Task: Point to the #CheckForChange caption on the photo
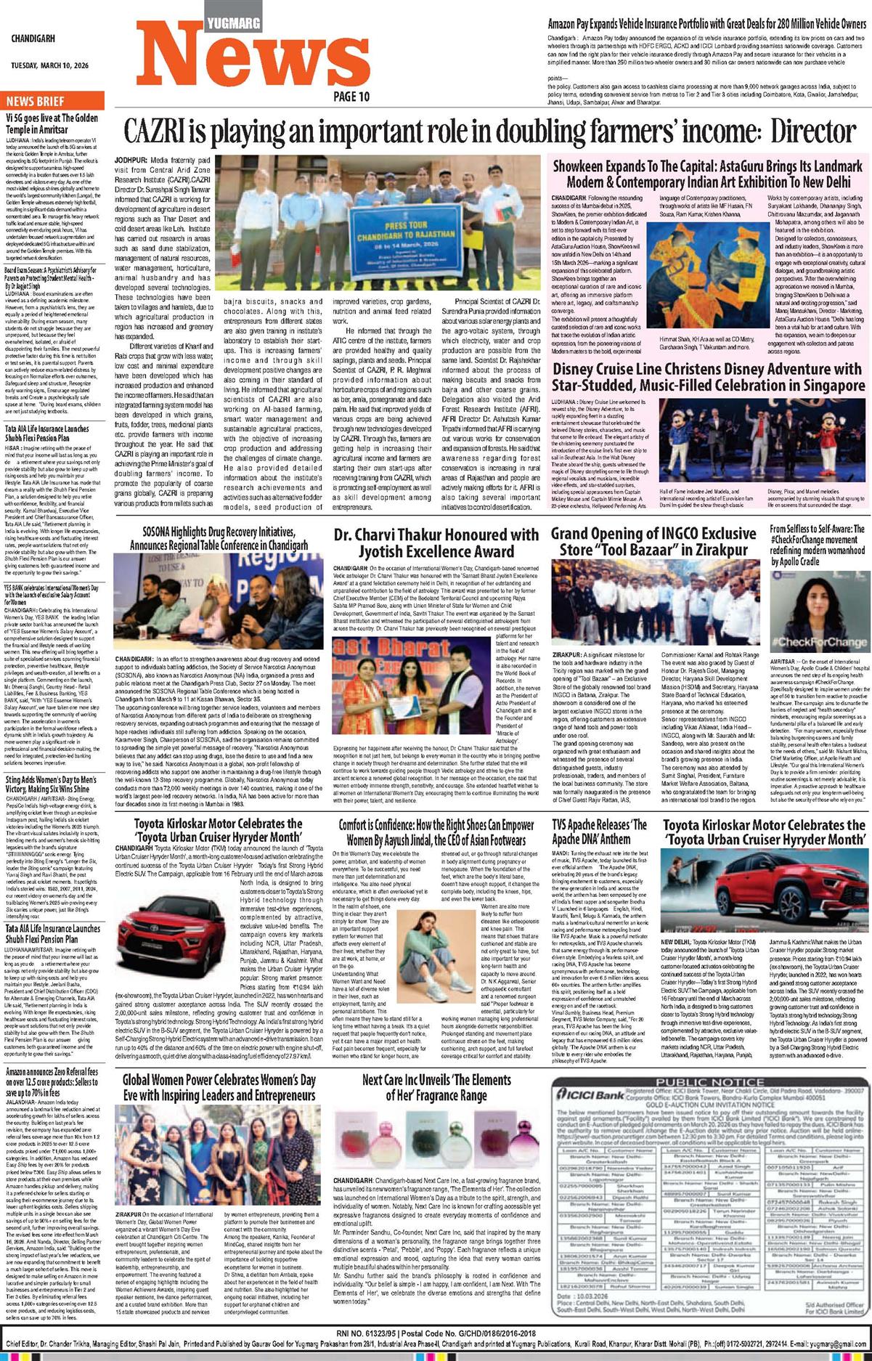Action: click(x=818, y=642)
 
